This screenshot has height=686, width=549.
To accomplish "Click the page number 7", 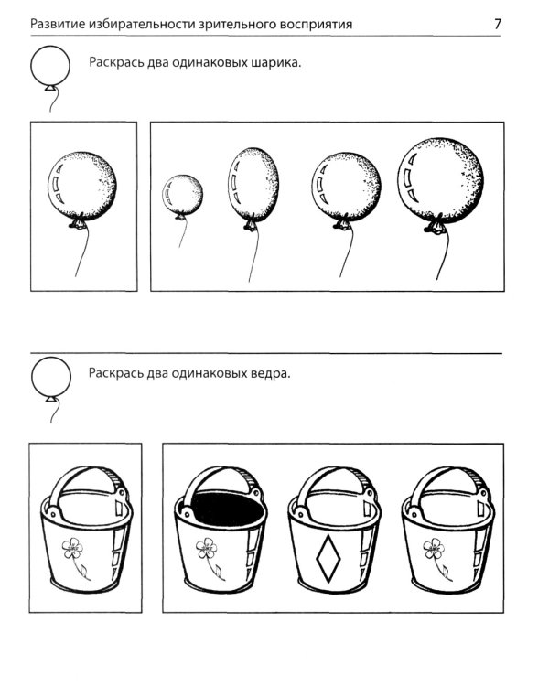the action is tap(498, 24).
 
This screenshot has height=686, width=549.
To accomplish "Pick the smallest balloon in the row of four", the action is tap(182, 193).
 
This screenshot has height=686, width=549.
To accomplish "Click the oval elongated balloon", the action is tap(253, 185).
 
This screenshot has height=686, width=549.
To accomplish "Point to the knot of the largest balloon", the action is tap(436, 226).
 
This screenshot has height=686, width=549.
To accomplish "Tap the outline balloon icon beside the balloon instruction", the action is tap(50, 67).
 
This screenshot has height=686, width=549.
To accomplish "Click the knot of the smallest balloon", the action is tap(180, 216).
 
